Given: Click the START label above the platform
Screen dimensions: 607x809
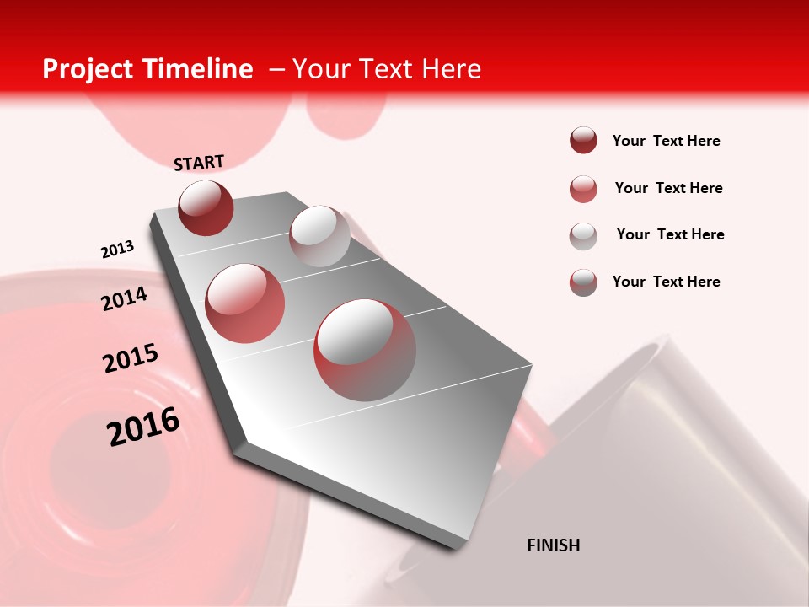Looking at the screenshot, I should (x=199, y=162).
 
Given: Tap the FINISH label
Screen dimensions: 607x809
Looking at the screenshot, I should (x=553, y=545).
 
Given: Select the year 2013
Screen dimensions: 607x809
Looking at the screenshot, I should (x=117, y=249).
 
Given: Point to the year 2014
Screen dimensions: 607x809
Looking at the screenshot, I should (x=124, y=298).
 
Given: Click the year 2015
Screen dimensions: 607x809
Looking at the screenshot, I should (x=131, y=357).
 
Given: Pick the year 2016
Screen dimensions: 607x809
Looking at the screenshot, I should (x=143, y=426).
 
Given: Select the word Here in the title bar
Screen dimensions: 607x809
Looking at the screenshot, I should (x=451, y=69).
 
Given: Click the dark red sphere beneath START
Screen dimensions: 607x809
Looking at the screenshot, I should (x=206, y=207).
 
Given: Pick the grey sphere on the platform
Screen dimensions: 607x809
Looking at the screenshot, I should (x=319, y=236).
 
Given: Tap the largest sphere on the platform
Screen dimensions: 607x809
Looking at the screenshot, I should (x=365, y=349).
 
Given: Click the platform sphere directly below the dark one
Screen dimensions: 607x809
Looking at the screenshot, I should (x=244, y=303).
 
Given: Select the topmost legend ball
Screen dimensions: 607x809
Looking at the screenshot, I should (x=583, y=140).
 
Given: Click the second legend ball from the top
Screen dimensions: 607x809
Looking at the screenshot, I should (x=583, y=189).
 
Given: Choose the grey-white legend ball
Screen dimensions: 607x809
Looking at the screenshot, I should (x=583, y=236).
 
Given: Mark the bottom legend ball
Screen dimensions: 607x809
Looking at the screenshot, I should (x=583, y=282).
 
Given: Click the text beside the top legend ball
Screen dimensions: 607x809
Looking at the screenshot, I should (x=666, y=141).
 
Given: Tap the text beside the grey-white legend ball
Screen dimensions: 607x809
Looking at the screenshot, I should (x=670, y=234).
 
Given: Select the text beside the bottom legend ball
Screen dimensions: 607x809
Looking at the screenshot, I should (x=666, y=282).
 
